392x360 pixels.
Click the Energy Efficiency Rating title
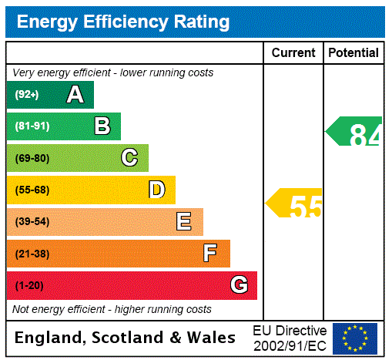tap(123, 22)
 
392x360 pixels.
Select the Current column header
tap(293, 52)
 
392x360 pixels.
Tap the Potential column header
tap(353, 52)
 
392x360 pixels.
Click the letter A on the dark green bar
tap(75, 95)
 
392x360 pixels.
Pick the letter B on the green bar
tap(102, 126)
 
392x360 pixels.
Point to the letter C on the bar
tap(129, 158)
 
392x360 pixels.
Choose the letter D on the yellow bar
tap(156, 190)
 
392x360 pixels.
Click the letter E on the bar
tap(184, 222)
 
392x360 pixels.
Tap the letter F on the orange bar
tap(210, 253)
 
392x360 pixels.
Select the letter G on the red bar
tap(239, 285)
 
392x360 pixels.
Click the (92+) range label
tap(27, 95)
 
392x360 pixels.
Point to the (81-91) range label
tap(32, 126)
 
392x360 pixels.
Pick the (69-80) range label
tap(32, 158)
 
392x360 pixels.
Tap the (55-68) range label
tap(32, 190)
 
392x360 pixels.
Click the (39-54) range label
tap(32, 222)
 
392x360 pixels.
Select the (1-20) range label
tap(29, 285)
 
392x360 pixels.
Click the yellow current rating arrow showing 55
tap(295, 204)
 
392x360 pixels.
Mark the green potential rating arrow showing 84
tap(355, 132)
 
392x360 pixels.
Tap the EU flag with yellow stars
tap(355, 338)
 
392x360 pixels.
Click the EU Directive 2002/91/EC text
tap(290, 338)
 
